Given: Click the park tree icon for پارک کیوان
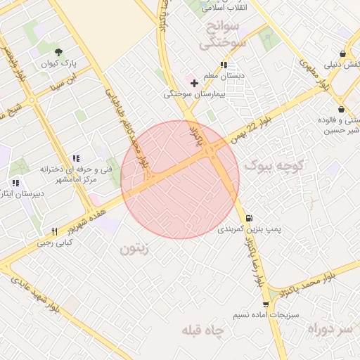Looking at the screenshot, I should [58, 51].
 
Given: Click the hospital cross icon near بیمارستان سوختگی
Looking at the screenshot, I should [195, 83].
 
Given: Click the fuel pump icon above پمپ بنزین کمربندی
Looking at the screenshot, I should [250, 217].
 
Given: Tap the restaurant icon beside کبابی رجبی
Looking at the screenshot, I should [54, 231].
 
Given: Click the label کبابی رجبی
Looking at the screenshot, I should [60, 242].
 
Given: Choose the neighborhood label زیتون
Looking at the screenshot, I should [135, 248].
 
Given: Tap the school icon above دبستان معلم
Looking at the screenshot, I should [224, 65].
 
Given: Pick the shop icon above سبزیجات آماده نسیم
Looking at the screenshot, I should [266, 304].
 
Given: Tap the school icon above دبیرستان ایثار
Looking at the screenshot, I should [15, 183].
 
